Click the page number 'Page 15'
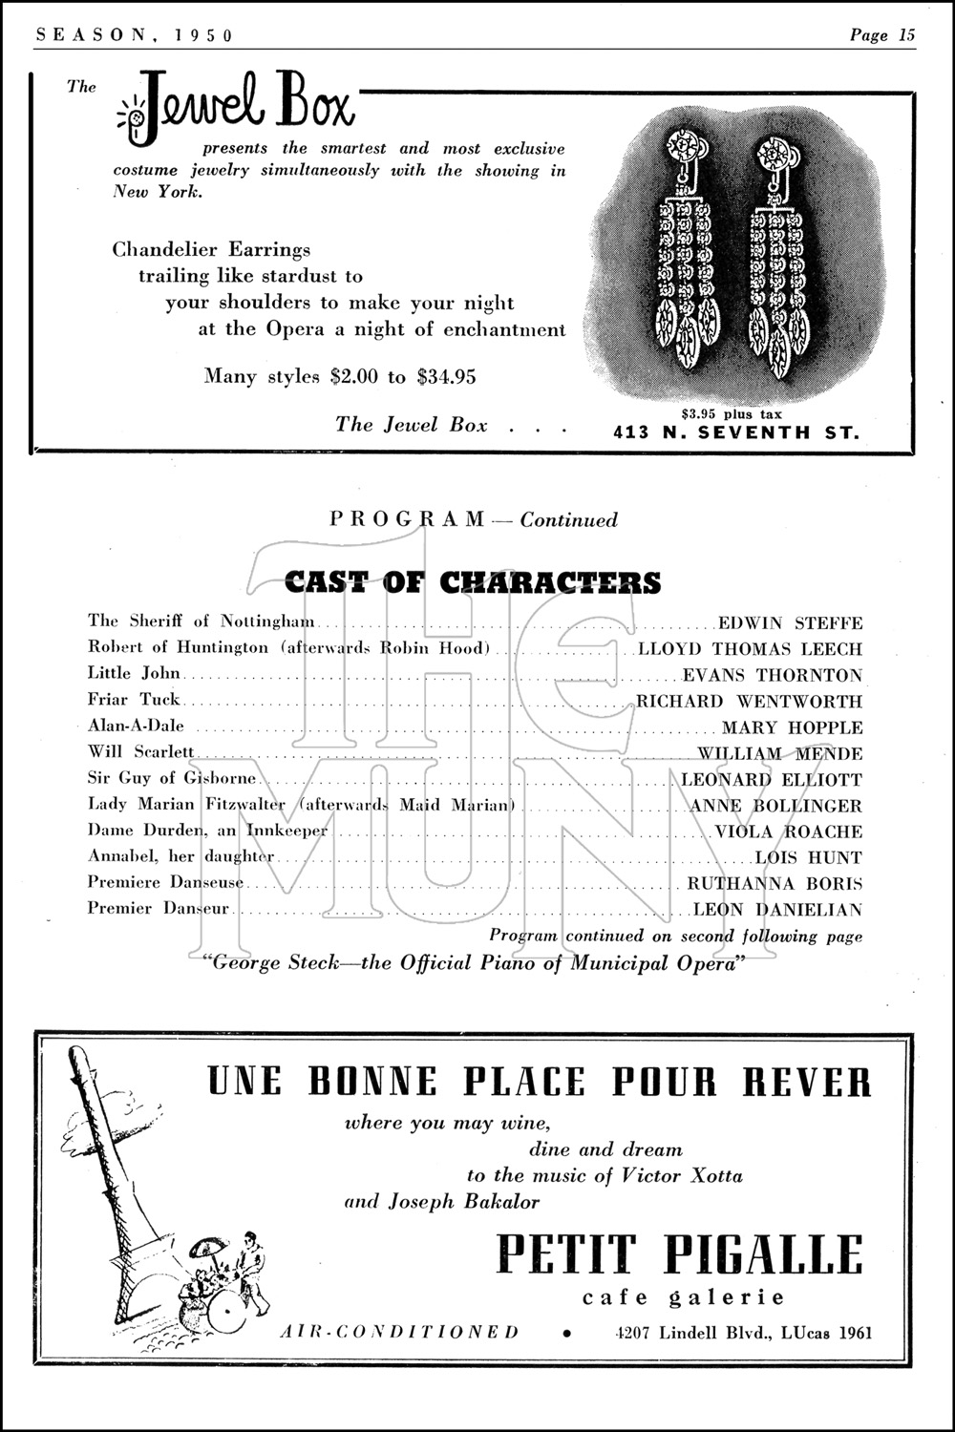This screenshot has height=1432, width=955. click(882, 35)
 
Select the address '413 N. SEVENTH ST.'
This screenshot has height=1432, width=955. click(735, 432)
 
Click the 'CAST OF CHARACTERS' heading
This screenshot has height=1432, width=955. click(473, 581)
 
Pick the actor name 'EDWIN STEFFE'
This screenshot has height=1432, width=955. click(790, 623)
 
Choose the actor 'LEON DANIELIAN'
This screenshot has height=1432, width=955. click(777, 910)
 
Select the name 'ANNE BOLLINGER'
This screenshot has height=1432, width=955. click(775, 806)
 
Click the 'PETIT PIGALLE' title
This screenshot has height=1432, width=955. click(679, 1254)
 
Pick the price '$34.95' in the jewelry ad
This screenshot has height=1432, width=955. click(446, 376)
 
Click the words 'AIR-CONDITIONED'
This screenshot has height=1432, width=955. click(399, 1332)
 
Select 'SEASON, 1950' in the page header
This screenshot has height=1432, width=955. click(133, 35)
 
